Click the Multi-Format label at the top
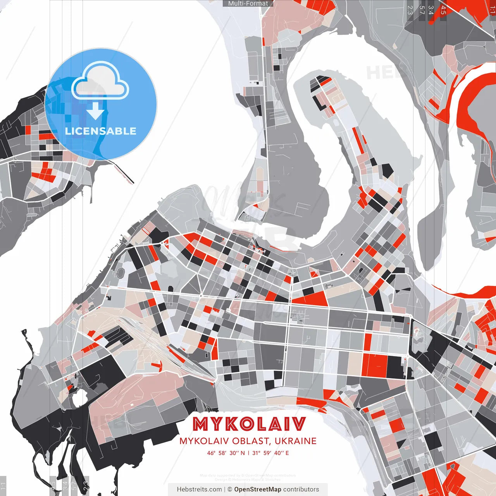point(248,3)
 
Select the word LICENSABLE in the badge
point(100,131)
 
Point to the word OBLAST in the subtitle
point(251,441)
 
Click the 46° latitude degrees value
point(211,453)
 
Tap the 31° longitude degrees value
point(256,453)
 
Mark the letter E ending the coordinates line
point(287,453)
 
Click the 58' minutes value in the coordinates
point(222,453)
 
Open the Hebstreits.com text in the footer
point(199,489)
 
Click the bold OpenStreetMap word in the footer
point(257,489)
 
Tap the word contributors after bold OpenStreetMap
point(301,489)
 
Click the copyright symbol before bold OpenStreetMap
point(230,489)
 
